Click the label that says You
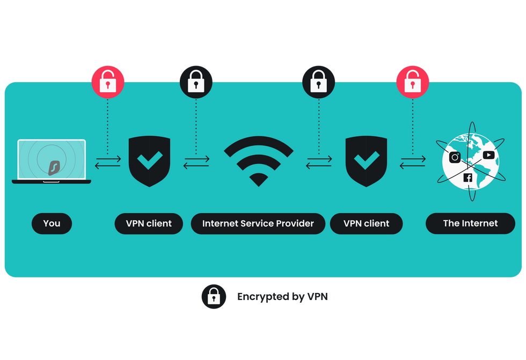pyautogui.click(x=52, y=223)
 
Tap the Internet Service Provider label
pyautogui.click(x=258, y=223)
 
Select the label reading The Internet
pyautogui.click(x=470, y=223)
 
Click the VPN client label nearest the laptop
pyautogui.click(x=149, y=223)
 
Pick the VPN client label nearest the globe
pyautogui.click(x=366, y=223)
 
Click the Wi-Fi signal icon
pyautogui.click(x=258, y=160)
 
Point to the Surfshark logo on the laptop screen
pyautogui.click(x=54, y=166)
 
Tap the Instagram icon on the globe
pyautogui.click(x=455, y=157)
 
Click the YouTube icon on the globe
pyautogui.click(x=488, y=155)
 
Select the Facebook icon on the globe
pyautogui.click(x=467, y=178)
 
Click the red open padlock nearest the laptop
pyautogui.click(x=108, y=81)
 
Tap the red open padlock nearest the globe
pyautogui.click(x=413, y=81)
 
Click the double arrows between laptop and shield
pyautogui.click(x=108, y=161)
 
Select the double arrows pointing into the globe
pyautogui.click(x=413, y=161)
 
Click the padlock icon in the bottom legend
pyautogui.click(x=214, y=296)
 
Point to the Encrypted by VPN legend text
pyautogui.click(x=282, y=296)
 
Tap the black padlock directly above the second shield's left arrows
pyautogui.click(x=319, y=81)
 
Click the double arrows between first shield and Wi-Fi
pyautogui.click(x=196, y=161)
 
